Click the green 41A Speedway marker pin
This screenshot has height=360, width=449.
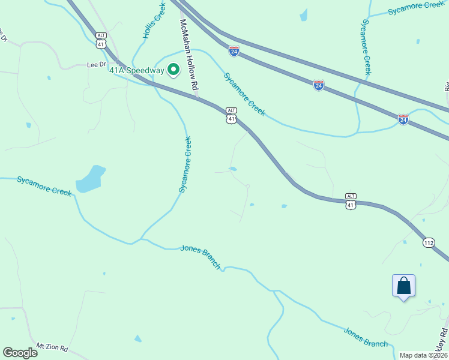pos(173,70)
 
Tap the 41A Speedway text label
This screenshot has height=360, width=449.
pos(136,71)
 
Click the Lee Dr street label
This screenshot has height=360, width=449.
pos(96,64)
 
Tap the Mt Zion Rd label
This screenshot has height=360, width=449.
pos(52,347)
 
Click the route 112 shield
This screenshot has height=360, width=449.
pos(428,242)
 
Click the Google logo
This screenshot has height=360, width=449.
pos(20,352)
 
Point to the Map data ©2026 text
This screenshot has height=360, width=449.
pos(423,355)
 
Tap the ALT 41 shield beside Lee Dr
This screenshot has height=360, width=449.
pos(101,41)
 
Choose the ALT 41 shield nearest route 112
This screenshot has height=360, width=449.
pos(351,201)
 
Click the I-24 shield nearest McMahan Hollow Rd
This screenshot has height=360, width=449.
pos(234,52)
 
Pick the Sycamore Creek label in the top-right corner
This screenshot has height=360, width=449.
pos(416,8)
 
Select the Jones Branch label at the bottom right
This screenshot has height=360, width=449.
pos(366,337)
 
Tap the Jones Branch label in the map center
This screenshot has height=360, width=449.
pos(201,257)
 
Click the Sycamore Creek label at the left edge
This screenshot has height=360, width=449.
pos(44,186)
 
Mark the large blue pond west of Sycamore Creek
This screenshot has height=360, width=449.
pos(91,179)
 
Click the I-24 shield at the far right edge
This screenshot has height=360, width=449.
pos(403,119)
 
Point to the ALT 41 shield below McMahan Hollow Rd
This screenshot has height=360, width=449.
pos(232,115)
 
